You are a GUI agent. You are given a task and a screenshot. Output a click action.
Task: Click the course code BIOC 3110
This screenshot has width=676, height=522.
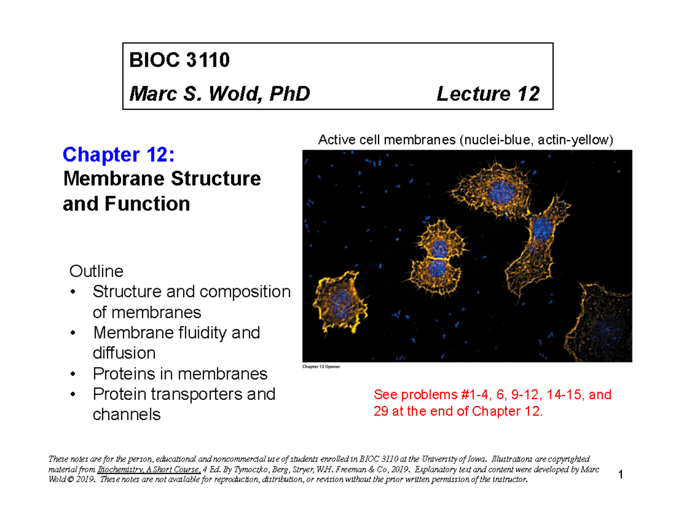pos(180,61)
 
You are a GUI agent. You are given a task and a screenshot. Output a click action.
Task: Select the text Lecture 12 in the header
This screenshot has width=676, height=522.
pos(487,93)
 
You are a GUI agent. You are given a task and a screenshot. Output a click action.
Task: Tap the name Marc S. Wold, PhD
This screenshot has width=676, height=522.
pos(220,93)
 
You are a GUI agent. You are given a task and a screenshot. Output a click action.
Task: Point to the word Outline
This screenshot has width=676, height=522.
pos(96,272)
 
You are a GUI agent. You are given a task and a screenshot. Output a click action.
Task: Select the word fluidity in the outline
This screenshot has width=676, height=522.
pos(201,333)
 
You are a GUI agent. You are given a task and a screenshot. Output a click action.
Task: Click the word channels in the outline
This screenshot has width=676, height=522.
pos(127,414)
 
